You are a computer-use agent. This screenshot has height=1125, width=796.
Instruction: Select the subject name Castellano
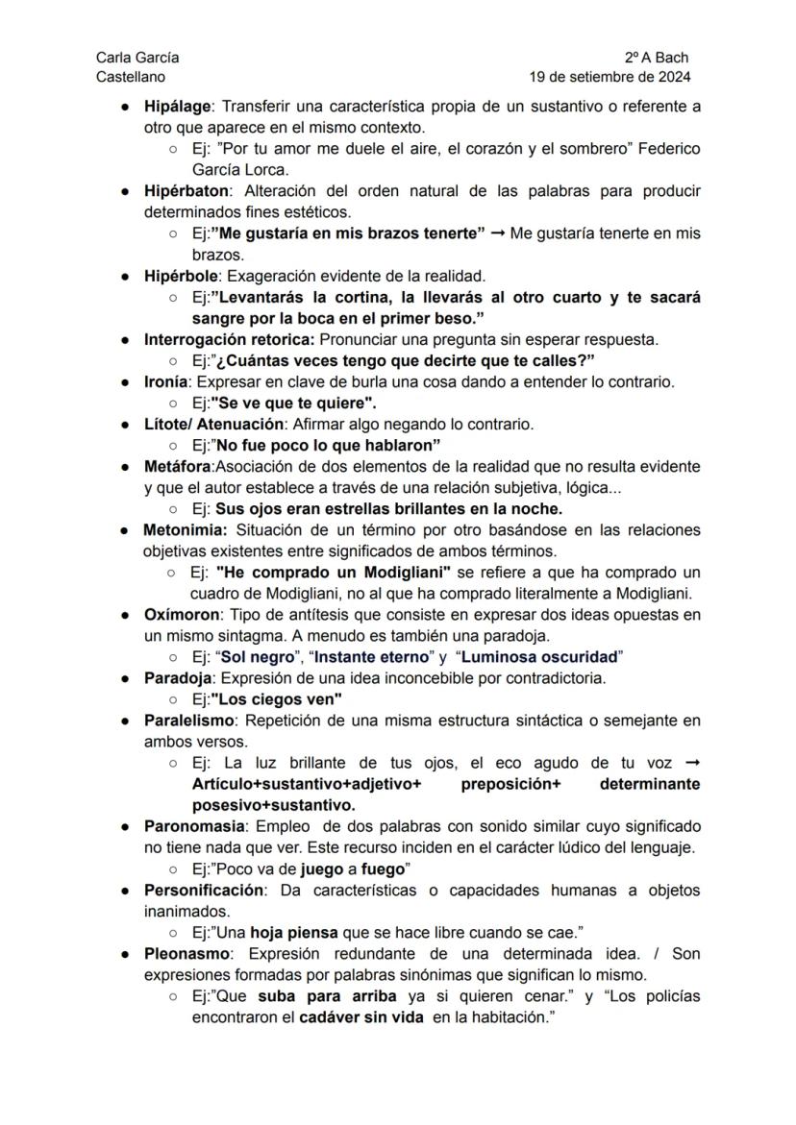coord(130,77)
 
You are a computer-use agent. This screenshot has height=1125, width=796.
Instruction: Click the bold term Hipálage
coord(177,106)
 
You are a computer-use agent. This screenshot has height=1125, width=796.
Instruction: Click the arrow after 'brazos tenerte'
coord(497,233)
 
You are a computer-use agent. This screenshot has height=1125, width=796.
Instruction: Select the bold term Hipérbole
coord(181,277)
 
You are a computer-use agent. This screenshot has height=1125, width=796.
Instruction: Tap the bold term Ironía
coord(167,381)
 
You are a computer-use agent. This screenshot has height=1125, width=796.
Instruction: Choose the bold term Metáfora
coord(177,467)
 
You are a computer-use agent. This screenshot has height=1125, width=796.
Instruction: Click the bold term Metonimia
coord(185,530)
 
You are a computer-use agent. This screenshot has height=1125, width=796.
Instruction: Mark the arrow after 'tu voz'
coord(690,764)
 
